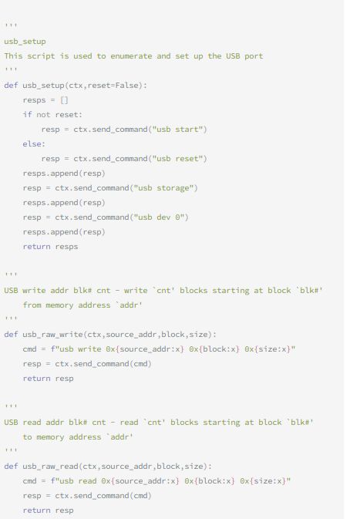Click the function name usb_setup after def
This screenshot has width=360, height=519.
click(x=44, y=86)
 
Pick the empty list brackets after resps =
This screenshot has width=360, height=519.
click(x=64, y=100)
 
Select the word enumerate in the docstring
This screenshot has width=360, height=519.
click(x=131, y=56)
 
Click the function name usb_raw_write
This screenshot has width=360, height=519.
click(x=52, y=335)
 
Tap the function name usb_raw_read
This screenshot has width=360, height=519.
click(x=50, y=467)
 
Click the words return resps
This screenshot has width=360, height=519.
click(x=50, y=247)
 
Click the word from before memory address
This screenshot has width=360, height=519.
click(x=32, y=305)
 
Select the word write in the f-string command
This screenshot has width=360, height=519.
click(x=89, y=349)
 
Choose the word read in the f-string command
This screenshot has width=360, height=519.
click(x=87, y=481)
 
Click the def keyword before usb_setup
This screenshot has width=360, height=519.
click(x=11, y=86)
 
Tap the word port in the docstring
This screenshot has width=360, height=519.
click(x=254, y=56)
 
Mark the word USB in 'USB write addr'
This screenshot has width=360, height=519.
click(x=11, y=291)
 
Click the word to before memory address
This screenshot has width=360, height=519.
click(x=27, y=437)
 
